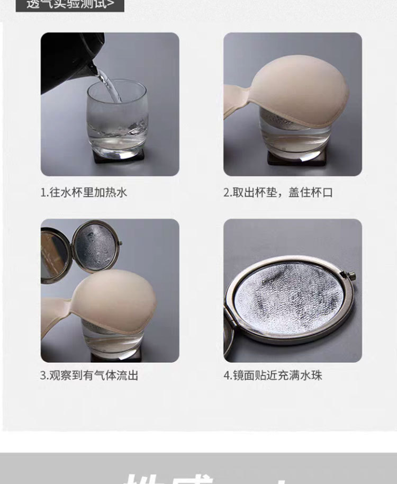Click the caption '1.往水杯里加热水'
click(x=84, y=192)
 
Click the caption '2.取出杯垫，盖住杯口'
click(x=278, y=192)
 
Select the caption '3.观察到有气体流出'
click(x=89, y=375)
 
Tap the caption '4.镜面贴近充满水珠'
click(x=273, y=375)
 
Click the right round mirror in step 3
click(x=95, y=249)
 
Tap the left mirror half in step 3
click(x=53, y=254)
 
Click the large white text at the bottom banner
click(x=198, y=474)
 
